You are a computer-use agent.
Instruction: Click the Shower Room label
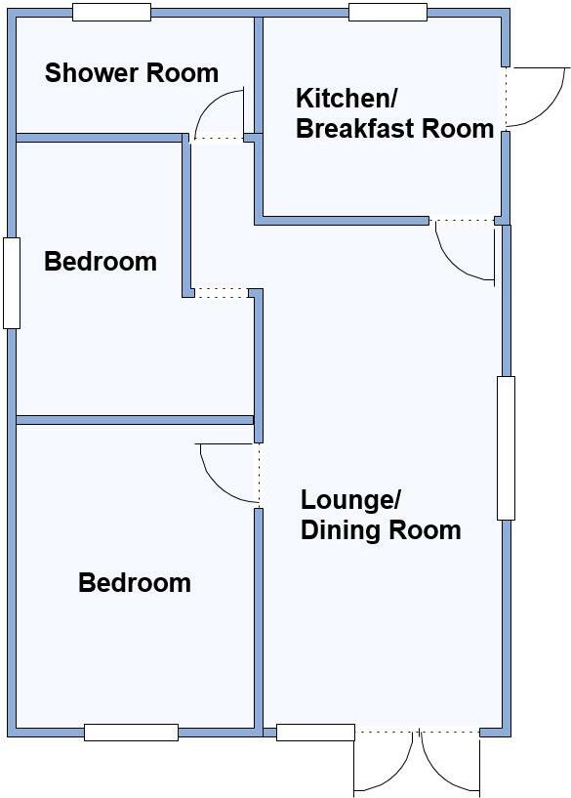tap(132, 73)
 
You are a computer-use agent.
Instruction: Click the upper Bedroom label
tap(101, 262)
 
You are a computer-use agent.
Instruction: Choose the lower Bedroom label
tap(135, 583)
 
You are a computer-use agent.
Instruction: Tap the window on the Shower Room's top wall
tap(111, 12)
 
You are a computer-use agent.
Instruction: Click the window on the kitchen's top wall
tap(387, 12)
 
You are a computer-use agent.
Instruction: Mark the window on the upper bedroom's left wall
tap(11, 282)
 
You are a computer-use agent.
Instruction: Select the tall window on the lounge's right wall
tap(506, 447)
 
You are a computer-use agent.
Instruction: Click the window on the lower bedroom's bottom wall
tap(131, 732)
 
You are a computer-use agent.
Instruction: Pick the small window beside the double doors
tap(315, 732)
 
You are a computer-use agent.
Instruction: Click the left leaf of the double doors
tap(386, 762)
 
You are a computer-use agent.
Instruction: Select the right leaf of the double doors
tap(450, 762)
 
